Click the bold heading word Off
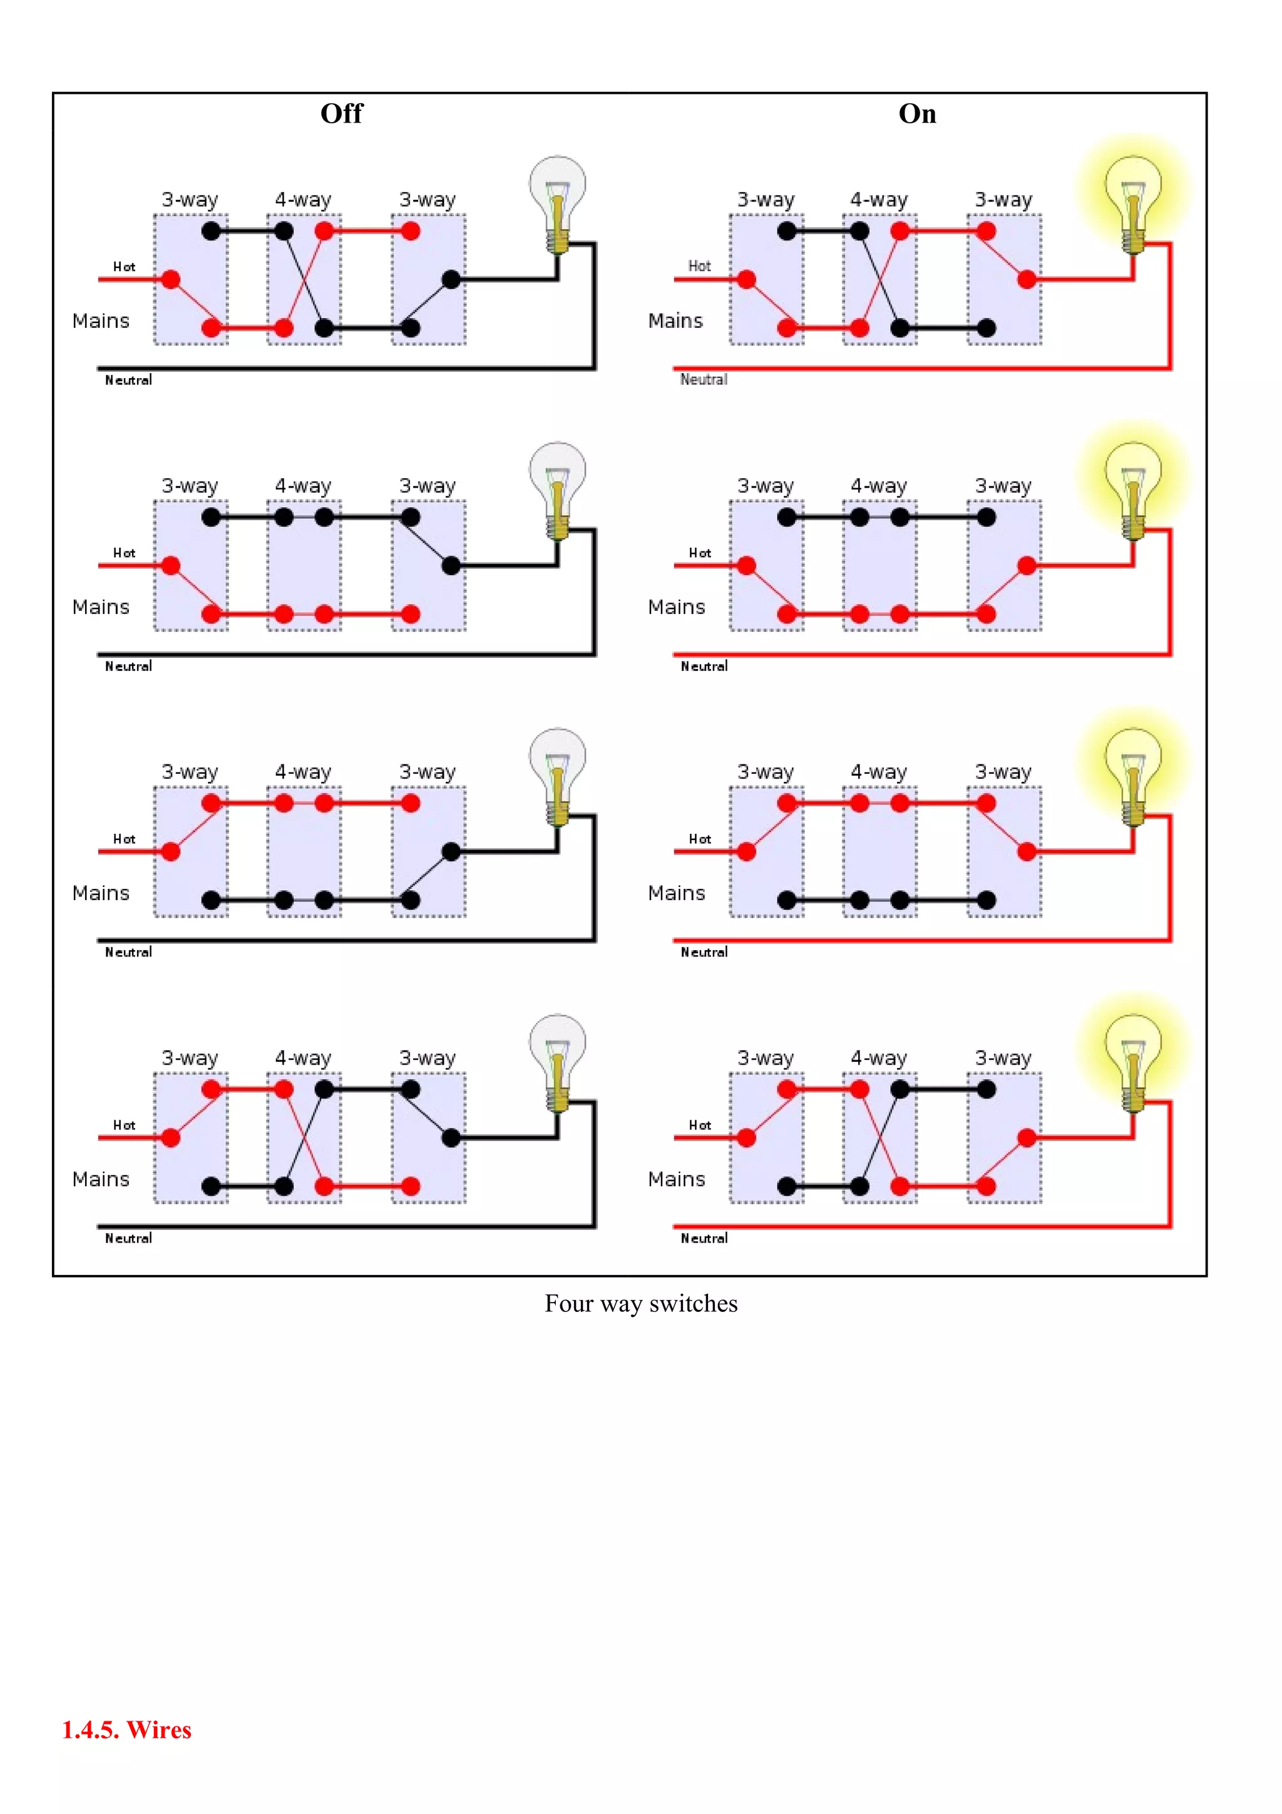341,114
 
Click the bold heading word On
917,114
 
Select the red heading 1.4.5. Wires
126,1729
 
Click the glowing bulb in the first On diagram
1133,198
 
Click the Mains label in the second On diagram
676,607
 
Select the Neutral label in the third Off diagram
128,952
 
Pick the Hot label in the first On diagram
699,266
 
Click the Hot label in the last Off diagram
124,1125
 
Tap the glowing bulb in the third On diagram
1133,771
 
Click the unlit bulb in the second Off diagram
558,484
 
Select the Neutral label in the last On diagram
704,1238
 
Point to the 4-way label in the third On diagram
878,772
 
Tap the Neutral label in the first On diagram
704,380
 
